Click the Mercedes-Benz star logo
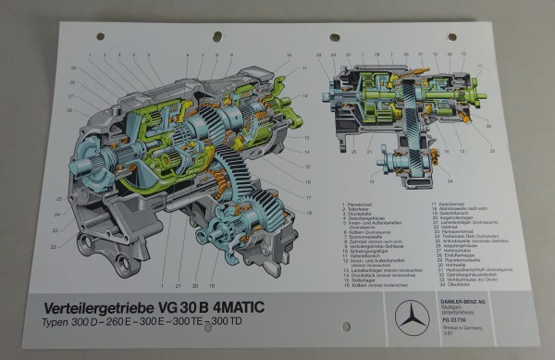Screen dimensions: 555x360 pyautogui.click(x=413, y=317)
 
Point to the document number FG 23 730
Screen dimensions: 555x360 pyautogui.click(x=459, y=320)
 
